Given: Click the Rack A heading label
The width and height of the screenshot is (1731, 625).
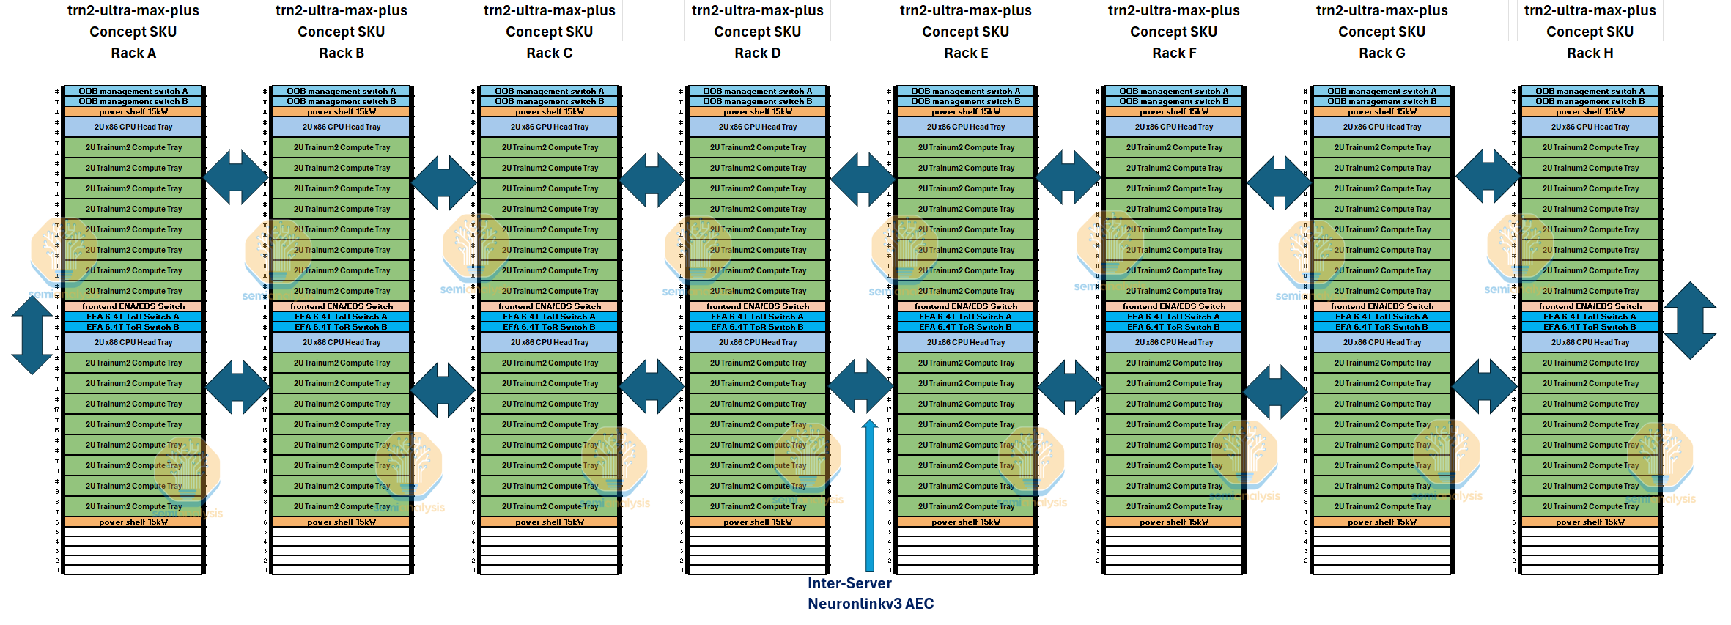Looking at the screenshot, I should pyautogui.click(x=133, y=53).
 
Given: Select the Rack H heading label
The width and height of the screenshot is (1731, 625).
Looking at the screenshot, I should pyautogui.click(x=1590, y=53).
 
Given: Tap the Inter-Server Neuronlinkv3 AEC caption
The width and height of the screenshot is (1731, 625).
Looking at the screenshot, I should pyautogui.click(x=870, y=593).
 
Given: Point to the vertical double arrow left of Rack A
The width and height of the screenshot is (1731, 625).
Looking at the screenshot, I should pyautogui.click(x=32, y=335).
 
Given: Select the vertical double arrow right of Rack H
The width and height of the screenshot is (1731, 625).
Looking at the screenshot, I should pyautogui.click(x=1690, y=320).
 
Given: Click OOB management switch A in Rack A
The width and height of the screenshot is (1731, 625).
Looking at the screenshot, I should pyautogui.click(x=133, y=92).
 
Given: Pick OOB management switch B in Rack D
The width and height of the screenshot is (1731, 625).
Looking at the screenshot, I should pyautogui.click(x=757, y=102).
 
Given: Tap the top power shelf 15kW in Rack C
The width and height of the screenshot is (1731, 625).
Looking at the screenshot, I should pyautogui.click(x=550, y=112).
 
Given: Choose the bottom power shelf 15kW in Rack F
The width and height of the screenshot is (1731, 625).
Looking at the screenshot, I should pyautogui.click(x=1174, y=522).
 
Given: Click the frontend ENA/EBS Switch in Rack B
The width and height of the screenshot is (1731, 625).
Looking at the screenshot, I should pyautogui.click(x=342, y=306).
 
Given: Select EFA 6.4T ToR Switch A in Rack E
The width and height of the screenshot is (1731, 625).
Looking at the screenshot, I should pyautogui.click(x=966, y=317).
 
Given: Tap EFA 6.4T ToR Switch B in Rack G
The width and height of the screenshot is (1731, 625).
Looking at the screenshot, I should pyautogui.click(x=1381, y=327).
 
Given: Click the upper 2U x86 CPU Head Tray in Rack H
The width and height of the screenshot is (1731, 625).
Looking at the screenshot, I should pyautogui.click(x=1590, y=127).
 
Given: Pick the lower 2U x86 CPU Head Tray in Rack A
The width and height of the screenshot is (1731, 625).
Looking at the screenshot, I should pyautogui.click(x=133, y=342).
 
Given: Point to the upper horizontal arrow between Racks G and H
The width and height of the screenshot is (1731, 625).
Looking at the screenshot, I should pyautogui.click(x=1487, y=176).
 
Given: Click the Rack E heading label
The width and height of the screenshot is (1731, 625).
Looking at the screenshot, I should pyautogui.click(x=966, y=53).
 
